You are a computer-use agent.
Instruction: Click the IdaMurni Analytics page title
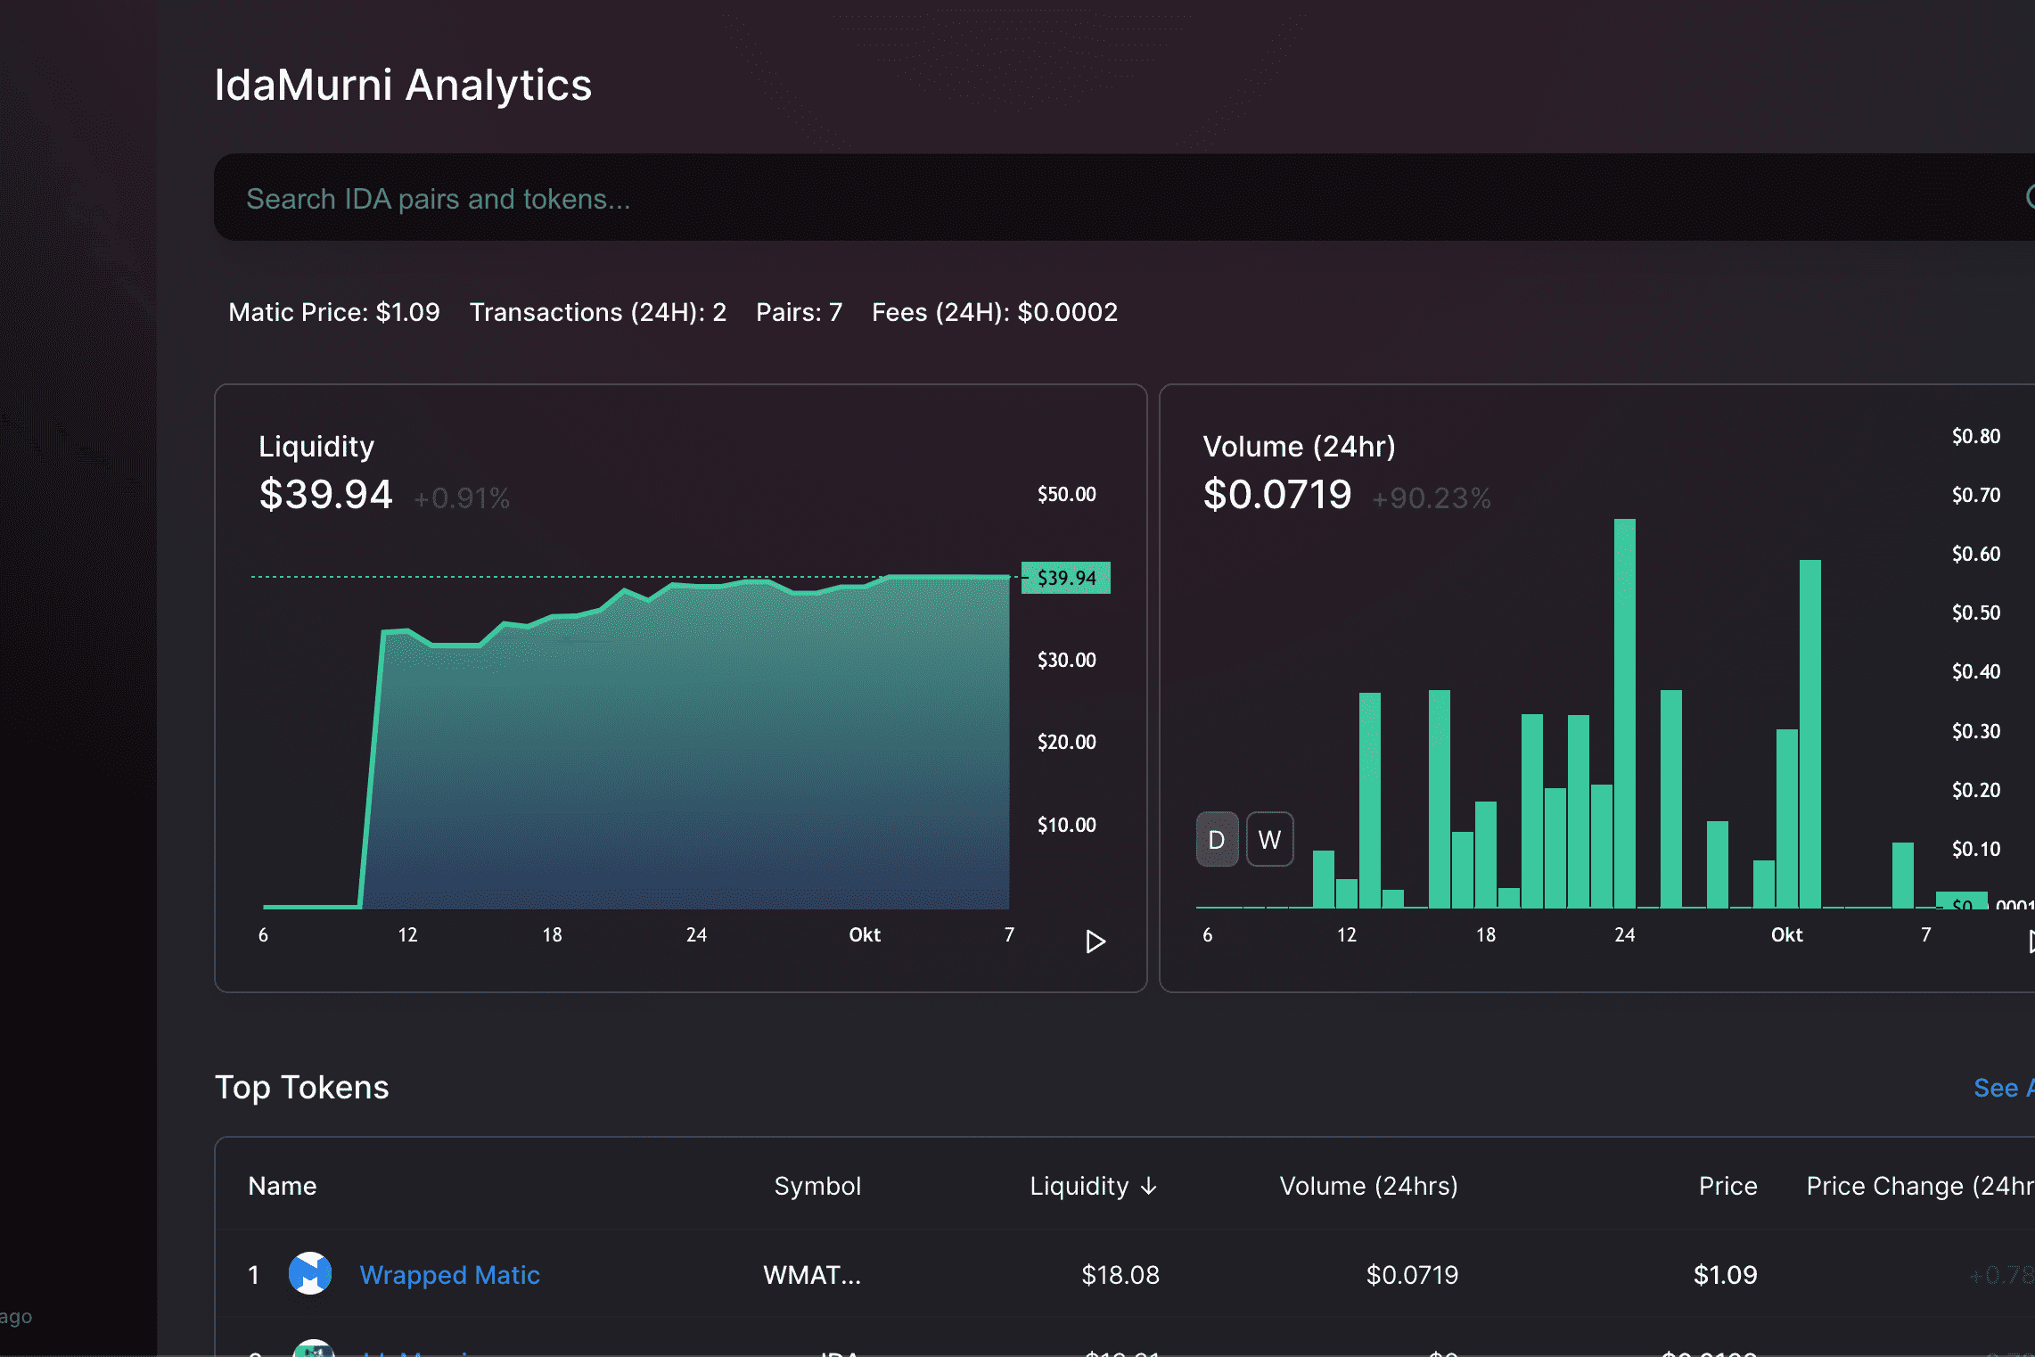pyautogui.click(x=403, y=86)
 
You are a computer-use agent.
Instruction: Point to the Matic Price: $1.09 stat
pyautogui.click(x=334, y=312)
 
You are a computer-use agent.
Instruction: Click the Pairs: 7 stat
pyautogui.click(x=799, y=312)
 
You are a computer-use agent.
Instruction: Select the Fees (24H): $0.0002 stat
pyautogui.click(x=994, y=312)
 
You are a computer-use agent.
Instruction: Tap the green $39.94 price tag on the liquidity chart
pyautogui.click(x=1066, y=578)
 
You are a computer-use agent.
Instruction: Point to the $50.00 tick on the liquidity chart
pyautogui.click(x=1066, y=494)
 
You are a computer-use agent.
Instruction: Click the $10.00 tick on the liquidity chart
pyautogui.click(x=1066, y=825)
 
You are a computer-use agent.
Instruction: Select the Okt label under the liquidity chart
pyautogui.click(x=864, y=934)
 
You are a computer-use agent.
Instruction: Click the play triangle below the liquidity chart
pyautogui.click(x=1095, y=942)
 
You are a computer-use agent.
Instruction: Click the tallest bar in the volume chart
pyautogui.click(x=1624, y=713)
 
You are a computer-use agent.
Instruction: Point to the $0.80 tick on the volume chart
pyautogui.click(x=1975, y=436)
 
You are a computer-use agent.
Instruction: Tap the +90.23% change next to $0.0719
pyautogui.click(x=1431, y=498)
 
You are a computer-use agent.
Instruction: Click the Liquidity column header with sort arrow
pyautogui.click(x=1093, y=1186)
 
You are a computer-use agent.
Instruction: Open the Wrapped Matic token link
pyautogui.click(x=449, y=1275)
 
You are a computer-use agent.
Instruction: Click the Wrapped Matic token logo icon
pyautogui.click(x=310, y=1273)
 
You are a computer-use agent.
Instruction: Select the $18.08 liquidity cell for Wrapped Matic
pyautogui.click(x=1120, y=1275)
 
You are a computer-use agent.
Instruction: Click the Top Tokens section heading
pyautogui.click(x=301, y=1088)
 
